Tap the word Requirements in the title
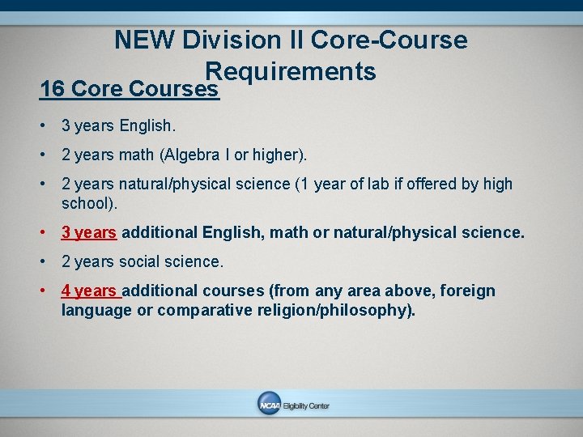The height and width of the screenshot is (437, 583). pyautogui.click(x=291, y=71)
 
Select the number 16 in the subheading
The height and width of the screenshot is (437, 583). pyautogui.click(x=53, y=88)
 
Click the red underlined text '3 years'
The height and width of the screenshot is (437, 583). pyautogui.click(x=89, y=233)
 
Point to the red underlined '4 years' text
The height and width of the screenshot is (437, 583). pyautogui.click(x=89, y=291)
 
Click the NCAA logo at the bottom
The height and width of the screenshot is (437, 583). pyautogui.click(x=270, y=405)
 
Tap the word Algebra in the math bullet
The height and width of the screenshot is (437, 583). pyautogui.click(x=190, y=155)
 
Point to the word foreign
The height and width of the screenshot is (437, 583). pyautogui.click(x=466, y=291)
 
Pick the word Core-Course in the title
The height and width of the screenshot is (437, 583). pyautogui.click(x=389, y=40)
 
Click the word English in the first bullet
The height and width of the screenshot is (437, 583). pyautogui.click(x=146, y=126)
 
